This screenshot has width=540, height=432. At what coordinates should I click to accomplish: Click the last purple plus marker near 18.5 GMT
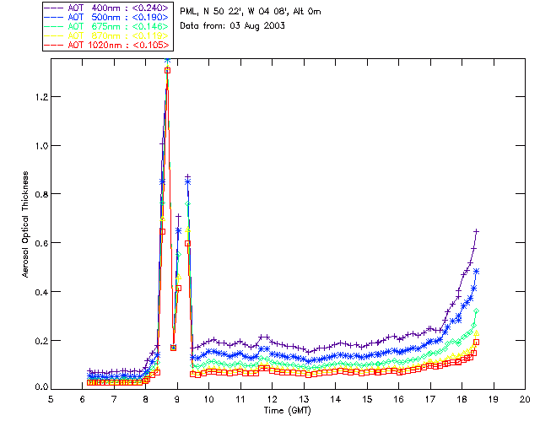[x=477, y=231]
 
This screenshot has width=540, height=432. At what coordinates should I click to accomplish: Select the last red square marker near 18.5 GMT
[x=477, y=342]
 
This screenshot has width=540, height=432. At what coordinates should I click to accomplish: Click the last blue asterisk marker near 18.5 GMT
[x=477, y=271]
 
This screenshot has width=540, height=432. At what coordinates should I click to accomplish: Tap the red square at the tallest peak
[x=167, y=70]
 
